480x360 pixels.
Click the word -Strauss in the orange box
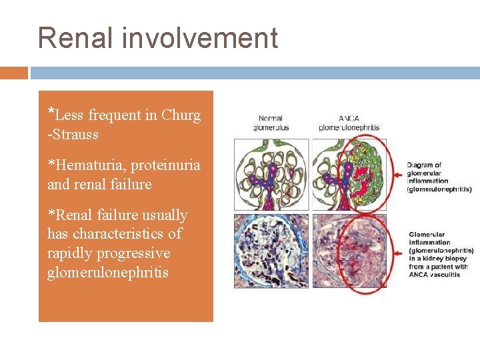tap(73, 135)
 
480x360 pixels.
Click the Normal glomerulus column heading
tap(270, 123)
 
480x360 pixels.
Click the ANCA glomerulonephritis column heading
tap(349, 123)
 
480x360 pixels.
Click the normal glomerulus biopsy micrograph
tap(271, 250)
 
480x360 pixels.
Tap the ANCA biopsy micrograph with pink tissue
tap(349, 250)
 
